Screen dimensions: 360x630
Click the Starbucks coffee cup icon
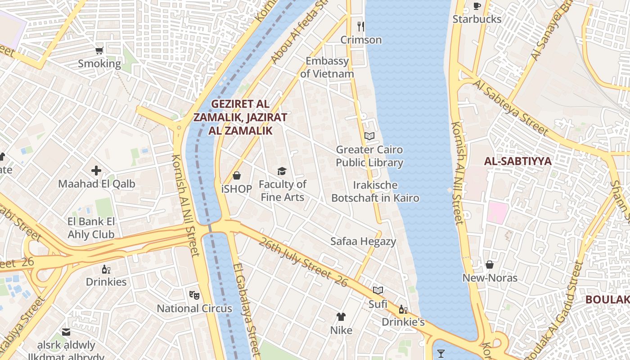pos(477,6)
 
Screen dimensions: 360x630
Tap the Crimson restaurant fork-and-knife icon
pos(360,27)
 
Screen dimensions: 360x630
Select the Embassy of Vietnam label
pos(327,67)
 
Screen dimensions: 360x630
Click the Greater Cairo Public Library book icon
pos(369,136)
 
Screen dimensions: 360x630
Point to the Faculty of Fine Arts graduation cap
pos(282,171)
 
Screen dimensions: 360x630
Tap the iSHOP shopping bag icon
pos(237,175)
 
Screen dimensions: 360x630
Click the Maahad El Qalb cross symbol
pos(96,171)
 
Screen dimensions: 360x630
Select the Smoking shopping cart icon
pos(99,50)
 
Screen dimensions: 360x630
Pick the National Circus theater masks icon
pos(194,295)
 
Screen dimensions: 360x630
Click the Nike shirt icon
pos(341,317)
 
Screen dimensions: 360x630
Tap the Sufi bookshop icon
pos(378,291)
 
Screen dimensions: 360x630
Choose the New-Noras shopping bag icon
pos(490,265)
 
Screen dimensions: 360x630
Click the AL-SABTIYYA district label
pos(517,161)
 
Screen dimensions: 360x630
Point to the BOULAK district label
pos(607,300)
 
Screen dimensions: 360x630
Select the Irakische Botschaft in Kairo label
pos(375,191)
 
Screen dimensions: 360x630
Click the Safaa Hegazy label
pos(363,241)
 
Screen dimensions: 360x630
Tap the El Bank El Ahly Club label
pos(91,228)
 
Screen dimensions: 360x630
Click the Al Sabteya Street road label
pos(511,108)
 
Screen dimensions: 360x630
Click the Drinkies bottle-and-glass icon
pos(106,269)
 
